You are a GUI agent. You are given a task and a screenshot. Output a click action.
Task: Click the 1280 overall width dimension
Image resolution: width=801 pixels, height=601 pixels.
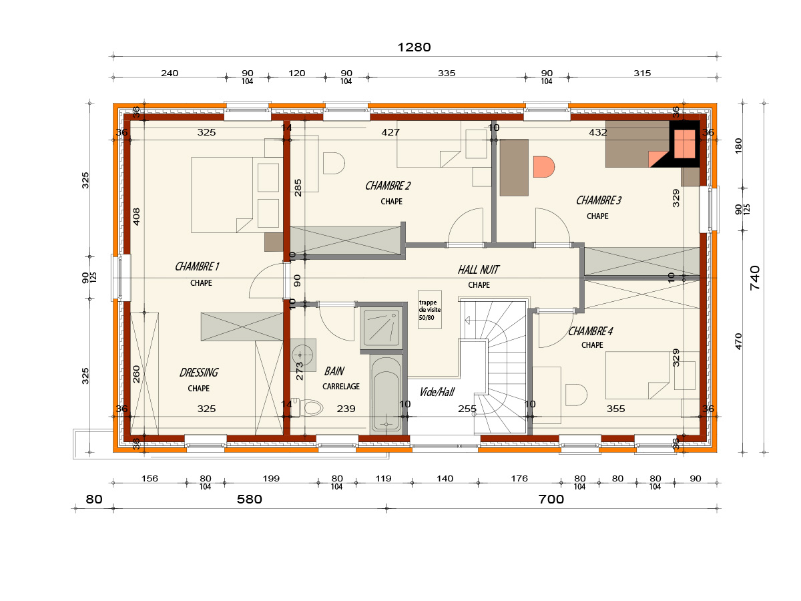(x=414, y=47)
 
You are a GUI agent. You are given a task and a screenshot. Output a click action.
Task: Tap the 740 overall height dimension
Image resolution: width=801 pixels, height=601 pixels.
(x=755, y=278)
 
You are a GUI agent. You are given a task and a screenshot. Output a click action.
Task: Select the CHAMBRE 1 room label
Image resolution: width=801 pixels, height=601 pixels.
(x=197, y=266)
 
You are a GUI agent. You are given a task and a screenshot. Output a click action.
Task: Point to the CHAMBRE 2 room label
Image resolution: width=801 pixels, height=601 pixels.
(x=388, y=186)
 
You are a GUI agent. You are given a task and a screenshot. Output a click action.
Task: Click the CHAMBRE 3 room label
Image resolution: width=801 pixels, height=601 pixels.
(x=599, y=200)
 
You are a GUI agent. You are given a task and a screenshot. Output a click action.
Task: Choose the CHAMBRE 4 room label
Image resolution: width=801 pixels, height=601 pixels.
(x=591, y=331)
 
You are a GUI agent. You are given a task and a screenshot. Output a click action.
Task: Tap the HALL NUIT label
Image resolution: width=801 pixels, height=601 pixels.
(x=479, y=270)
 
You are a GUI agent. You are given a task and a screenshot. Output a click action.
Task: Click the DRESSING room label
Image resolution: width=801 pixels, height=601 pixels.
(x=199, y=372)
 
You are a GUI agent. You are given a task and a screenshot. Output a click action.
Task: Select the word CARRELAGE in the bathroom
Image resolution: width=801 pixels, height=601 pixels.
(x=341, y=387)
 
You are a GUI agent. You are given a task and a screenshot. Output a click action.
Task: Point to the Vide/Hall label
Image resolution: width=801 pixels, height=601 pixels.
(x=437, y=392)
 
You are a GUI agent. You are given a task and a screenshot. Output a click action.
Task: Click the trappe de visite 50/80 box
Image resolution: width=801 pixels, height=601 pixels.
(x=429, y=309)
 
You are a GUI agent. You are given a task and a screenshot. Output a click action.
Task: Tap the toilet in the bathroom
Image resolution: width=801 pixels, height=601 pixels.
(x=308, y=407)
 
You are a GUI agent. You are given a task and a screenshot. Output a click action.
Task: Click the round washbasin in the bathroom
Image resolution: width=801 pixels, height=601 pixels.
(x=302, y=355)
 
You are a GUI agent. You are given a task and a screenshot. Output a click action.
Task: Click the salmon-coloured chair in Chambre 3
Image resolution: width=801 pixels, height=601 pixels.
(x=544, y=167)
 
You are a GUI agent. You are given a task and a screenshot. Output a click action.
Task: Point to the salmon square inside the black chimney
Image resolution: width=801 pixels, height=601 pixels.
(x=684, y=144)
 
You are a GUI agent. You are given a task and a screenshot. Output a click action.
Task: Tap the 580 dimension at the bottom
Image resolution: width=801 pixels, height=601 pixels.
(x=250, y=499)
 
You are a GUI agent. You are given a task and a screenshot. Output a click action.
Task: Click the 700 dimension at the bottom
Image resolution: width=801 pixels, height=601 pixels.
(x=551, y=499)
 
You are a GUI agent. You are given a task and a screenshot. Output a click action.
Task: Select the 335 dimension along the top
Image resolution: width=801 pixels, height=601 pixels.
(x=447, y=73)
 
